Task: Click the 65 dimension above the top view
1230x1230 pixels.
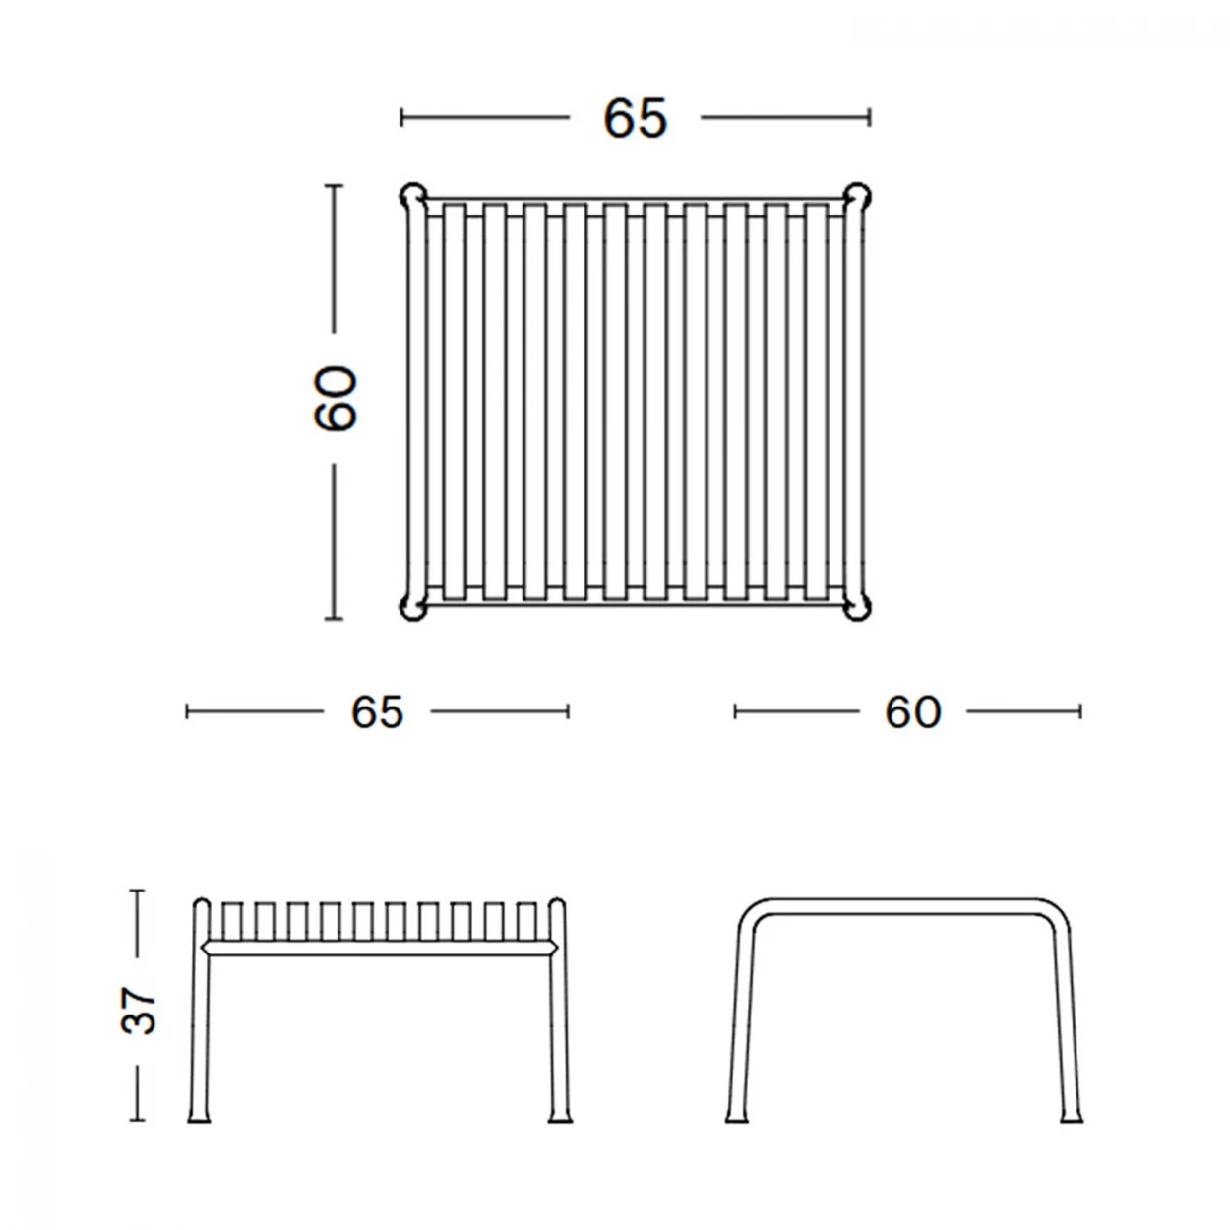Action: click(x=635, y=118)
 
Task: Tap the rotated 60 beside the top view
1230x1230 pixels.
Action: click(x=335, y=398)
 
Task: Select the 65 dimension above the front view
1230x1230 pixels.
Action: click(x=377, y=711)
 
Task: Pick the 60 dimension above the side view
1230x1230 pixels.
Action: click(x=913, y=711)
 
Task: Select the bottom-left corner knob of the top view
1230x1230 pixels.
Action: click(x=412, y=607)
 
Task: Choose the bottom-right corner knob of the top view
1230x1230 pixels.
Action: click(x=857, y=607)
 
